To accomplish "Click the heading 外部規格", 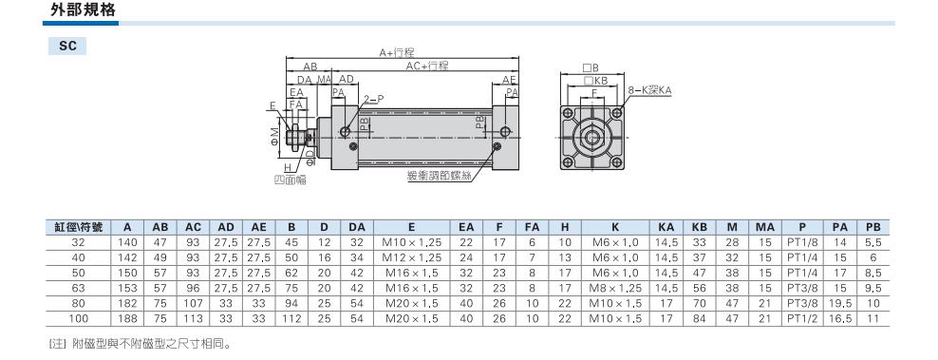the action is click(83, 10).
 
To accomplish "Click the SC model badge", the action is click(67, 46).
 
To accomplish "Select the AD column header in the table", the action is click(226, 227).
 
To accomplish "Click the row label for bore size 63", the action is click(79, 288).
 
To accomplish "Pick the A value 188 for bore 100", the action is click(127, 318).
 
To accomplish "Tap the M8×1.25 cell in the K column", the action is click(615, 288).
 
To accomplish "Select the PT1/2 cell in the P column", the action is click(801, 318).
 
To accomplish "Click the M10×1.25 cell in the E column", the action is click(412, 242).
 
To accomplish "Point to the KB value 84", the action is click(699, 318).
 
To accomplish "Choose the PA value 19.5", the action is click(840, 304).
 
